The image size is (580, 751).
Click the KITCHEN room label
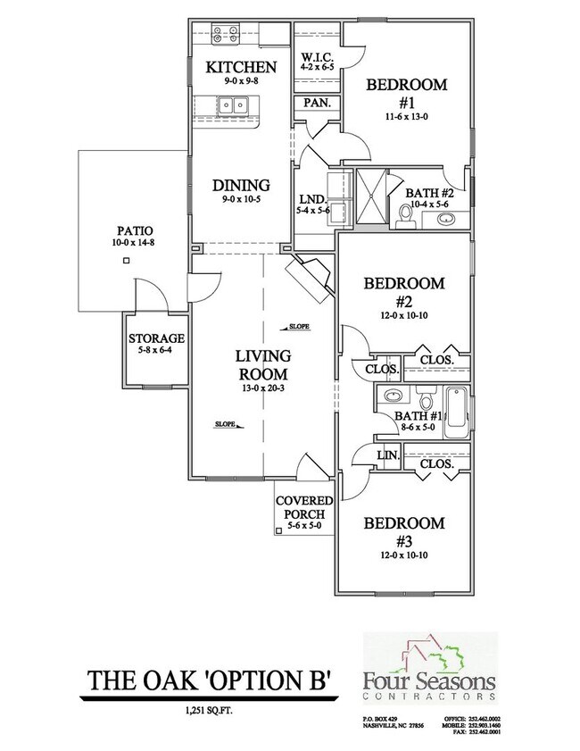(240, 67)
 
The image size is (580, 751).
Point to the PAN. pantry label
(317, 103)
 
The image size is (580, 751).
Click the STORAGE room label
(156, 339)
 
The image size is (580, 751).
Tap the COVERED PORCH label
(304, 507)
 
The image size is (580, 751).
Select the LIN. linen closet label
(387, 455)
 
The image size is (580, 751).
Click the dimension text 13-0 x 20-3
(261, 388)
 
